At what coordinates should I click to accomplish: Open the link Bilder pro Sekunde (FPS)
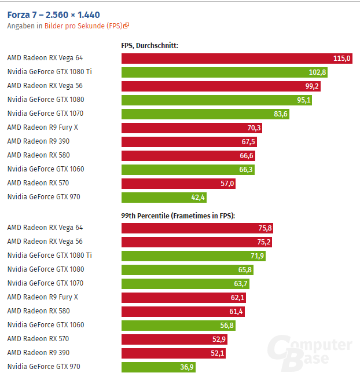coord(84,25)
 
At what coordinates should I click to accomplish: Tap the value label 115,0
coord(342,59)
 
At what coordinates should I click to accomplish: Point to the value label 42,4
coord(198,198)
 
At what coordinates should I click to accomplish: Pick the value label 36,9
coord(188,367)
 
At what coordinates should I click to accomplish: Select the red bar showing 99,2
coord(220,86)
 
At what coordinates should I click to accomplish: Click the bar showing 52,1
coord(168,353)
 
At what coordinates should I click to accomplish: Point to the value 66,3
coord(245,170)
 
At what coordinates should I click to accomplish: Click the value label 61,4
coord(236,312)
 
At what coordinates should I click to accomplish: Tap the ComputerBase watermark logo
coord(310,351)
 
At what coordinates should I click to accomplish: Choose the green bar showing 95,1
coord(214,100)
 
